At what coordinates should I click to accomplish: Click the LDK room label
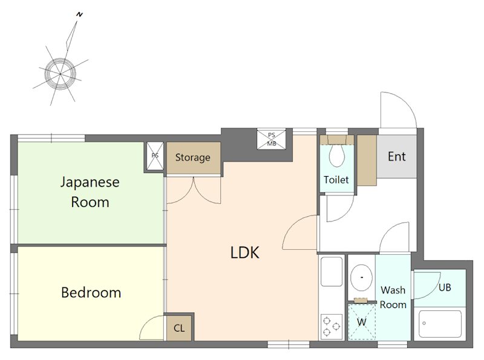[x=245, y=252]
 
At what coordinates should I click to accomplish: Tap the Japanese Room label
[x=90, y=192]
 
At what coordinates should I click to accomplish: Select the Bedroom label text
[x=91, y=293]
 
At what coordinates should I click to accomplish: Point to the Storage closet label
[x=192, y=157]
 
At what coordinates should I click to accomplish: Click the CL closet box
[x=179, y=328]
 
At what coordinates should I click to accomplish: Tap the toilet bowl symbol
[x=337, y=155]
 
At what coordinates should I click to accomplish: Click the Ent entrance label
[x=397, y=157]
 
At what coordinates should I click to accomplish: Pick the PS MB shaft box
[x=271, y=139]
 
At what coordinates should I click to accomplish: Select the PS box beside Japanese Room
[x=155, y=156]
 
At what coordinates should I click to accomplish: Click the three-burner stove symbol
[x=332, y=327]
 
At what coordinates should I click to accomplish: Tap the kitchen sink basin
[x=332, y=272]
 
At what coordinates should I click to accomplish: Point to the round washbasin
[x=361, y=277]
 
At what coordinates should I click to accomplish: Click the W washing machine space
[x=362, y=322]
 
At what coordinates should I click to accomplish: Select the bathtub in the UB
[x=440, y=324]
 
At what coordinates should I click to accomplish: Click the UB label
[x=445, y=287]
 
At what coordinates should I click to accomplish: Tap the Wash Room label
[x=393, y=297]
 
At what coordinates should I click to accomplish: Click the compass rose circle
[x=60, y=74]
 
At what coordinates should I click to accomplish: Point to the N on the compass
[x=80, y=15]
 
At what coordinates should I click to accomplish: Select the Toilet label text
[x=336, y=180]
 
